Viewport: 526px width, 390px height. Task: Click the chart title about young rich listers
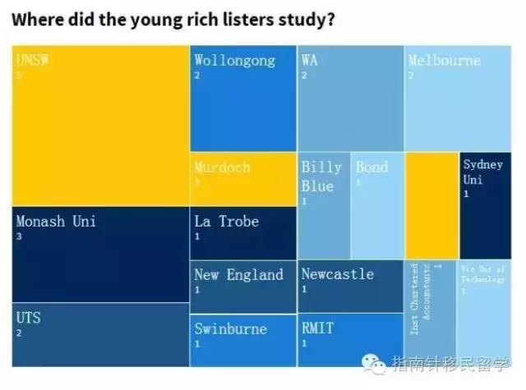(x=173, y=18)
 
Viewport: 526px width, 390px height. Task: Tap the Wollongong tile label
(x=234, y=60)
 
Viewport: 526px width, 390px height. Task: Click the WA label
(x=309, y=60)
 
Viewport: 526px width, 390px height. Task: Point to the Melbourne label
(x=444, y=60)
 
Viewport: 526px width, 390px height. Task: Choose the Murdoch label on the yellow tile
(x=222, y=167)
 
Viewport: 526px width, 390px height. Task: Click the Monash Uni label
(x=56, y=221)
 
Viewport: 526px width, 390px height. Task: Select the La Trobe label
(x=226, y=221)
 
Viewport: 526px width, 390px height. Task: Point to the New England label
(x=238, y=274)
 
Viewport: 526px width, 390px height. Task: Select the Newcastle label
(x=337, y=274)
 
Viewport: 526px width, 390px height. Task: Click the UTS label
(x=28, y=317)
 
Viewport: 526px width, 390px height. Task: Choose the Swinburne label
(x=231, y=328)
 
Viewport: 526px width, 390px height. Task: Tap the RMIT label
(x=317, y=328)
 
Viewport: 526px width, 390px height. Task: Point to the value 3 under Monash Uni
(x=19, y=236)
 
